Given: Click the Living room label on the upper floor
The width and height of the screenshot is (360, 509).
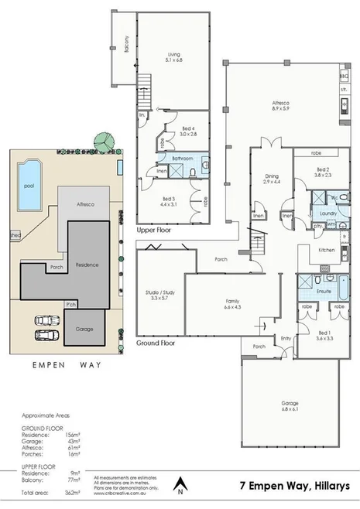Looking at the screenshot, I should click(x=174, y=55).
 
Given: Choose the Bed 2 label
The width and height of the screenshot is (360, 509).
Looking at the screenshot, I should click(x=324, y=172).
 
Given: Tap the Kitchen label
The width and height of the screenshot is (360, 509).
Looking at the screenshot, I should click(x=327, y=250).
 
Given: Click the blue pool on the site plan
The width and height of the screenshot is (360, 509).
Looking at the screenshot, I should click(x=29, y=186).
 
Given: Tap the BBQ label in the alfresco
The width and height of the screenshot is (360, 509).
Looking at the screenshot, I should click(x=344, y=77).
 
